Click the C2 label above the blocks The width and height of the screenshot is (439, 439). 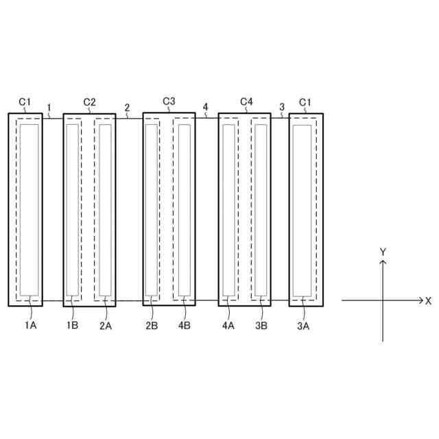(x=89, y=102)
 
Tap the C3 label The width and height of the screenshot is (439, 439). (x=169, y=101)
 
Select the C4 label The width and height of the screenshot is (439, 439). (x=246, y=102)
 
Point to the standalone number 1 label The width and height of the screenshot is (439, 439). (x=49, y=107)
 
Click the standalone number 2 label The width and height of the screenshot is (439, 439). (x=127, y=107)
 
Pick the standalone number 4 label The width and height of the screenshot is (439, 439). (x=206, y=106)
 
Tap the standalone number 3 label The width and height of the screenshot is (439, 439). (x=282, y=107)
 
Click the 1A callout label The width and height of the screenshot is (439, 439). (x=31, y=325)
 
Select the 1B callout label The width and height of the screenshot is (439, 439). (x=72, y=325)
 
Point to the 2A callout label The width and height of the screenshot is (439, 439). (x=105, y=326)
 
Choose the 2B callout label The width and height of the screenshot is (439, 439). (x=152, y=325)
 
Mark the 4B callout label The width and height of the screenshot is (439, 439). (x=184, y=325)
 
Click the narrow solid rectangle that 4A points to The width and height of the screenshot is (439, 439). (x=228, y=209)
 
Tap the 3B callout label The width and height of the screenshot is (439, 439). (x=261, y=325)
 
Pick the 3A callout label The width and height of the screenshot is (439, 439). (x=302, y=326)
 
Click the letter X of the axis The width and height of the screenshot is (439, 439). (x=428, y=300)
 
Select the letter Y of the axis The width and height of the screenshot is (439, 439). (x=383, y=252)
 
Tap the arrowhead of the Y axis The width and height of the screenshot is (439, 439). (x=383, y=263)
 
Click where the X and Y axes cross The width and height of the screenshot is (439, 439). (x=383, y=300)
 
